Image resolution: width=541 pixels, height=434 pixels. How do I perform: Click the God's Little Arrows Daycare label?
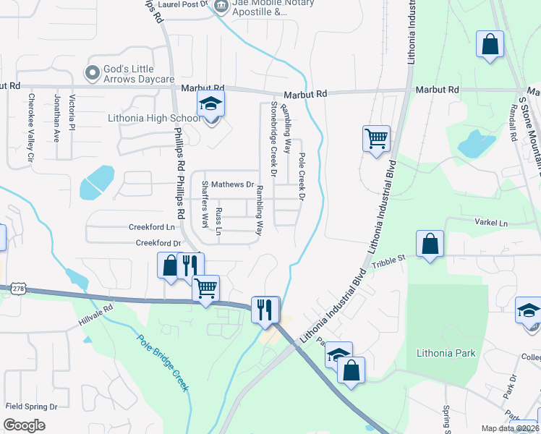coord(139,73)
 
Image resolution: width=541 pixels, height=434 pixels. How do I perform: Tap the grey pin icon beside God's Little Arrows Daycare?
coord(92,73)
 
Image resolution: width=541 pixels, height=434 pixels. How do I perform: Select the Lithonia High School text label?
coord(154,118)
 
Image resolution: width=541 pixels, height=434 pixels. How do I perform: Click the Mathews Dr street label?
coord(232,184)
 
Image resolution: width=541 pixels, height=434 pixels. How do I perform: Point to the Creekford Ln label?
coord(152,227)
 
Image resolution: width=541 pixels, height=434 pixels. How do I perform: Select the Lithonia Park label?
coord(446,353)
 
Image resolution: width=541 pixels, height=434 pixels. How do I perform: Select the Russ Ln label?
coord(219,221)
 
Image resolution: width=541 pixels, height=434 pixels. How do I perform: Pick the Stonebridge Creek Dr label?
coord(274,139)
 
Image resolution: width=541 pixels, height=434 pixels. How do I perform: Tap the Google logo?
coord(25,425)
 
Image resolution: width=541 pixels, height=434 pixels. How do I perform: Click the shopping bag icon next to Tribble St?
coord(430,244)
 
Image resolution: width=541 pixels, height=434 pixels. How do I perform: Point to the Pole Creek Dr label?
coord(302,176)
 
